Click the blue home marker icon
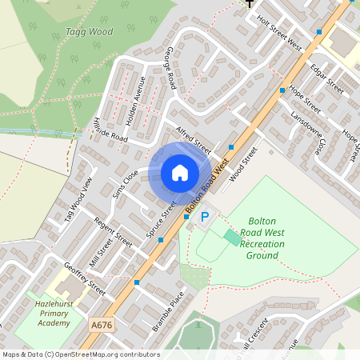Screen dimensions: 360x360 click(x=180, y=173)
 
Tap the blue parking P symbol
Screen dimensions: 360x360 click(x=204, y=217)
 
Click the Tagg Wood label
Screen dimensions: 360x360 click(x=89, y=32)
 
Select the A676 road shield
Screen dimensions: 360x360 click(x=102, y=326)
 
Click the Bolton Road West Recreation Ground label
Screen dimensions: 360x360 click(x=262, y=238)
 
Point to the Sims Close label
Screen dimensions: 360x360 click(x=126, y=183)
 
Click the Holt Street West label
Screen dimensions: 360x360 click(x=280, y=36)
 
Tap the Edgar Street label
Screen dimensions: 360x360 click(x=327, y=78)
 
